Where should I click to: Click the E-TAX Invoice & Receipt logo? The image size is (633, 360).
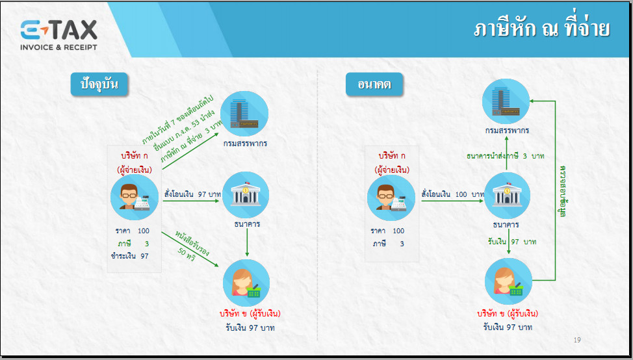coord(59,35)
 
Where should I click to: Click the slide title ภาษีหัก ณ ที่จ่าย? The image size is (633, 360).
coord(541,29)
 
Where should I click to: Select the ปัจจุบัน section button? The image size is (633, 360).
coord(99,84)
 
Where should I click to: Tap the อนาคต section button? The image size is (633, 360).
coord(374,84)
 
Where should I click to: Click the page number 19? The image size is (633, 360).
coord(577,340)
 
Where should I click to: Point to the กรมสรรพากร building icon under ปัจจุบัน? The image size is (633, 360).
coord(244,114)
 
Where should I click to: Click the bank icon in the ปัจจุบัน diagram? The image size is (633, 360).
coord(246,195)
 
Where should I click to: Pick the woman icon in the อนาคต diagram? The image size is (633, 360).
coord(508,281)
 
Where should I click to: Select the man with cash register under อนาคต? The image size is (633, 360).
coord(391,198)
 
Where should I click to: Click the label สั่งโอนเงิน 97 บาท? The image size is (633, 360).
coord(193,194)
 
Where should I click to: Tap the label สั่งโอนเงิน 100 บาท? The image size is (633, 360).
coord(452,194)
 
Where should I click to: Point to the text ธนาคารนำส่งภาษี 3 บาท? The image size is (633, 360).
coord(506,156)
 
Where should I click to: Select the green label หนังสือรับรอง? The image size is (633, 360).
coord(192,244)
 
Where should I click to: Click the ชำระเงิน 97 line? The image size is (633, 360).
coord(129,256)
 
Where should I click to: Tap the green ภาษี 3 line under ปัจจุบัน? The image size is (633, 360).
coord(133,244)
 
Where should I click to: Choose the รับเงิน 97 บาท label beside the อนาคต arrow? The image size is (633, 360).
coord(512,242)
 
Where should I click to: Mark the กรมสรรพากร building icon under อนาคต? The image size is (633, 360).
coord(506,101)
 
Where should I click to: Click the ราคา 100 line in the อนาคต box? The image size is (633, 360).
coord(387,231)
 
